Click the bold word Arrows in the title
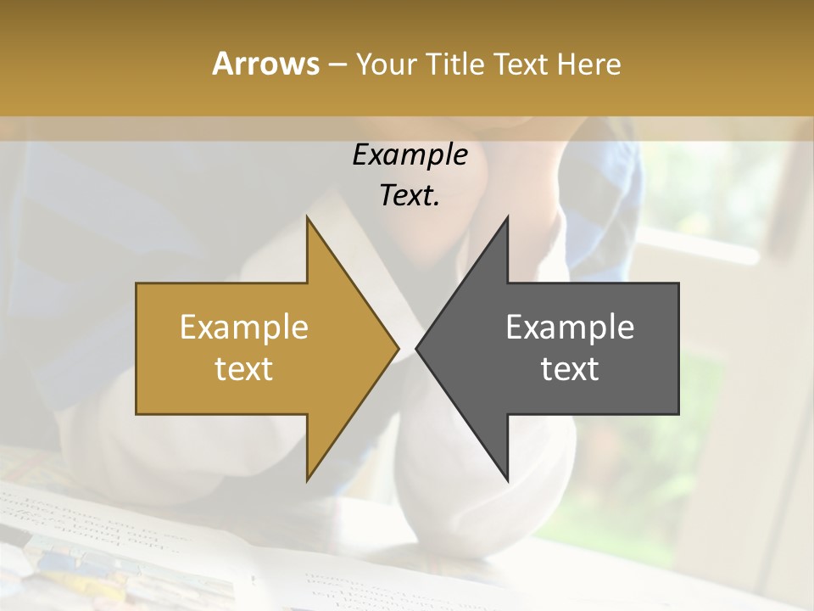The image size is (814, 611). (265, 64)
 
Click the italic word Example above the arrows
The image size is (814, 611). (410, 155)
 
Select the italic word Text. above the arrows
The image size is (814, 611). (410, 196)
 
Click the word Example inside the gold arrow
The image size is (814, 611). (244, 328)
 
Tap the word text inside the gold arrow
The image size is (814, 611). (244, 369)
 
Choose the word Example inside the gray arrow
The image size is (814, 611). (570, 328)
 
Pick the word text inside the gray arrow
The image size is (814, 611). (570, 369)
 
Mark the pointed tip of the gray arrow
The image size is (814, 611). (417, 348)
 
